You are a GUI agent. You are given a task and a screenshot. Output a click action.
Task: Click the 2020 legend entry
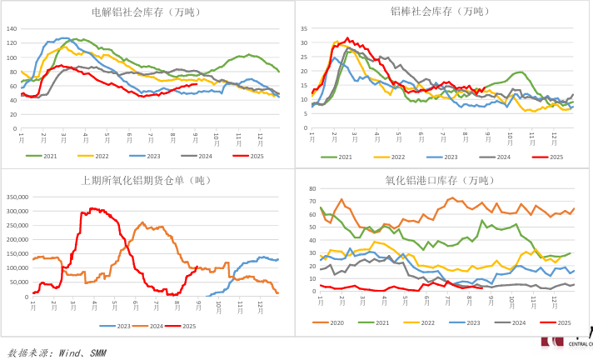[x=331, y=322]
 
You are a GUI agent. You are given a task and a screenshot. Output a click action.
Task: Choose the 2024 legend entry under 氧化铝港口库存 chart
[x=514, y=322]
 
